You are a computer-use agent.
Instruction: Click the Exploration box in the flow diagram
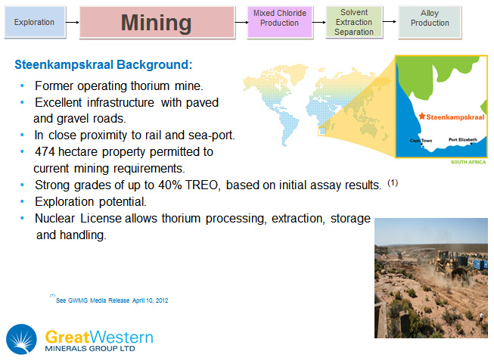[x=35, y=22]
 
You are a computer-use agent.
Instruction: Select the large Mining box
[x=157, y=23]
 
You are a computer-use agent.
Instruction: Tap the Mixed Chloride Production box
[x=280, y=22]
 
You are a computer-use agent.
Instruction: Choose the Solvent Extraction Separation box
[x=354, y=22]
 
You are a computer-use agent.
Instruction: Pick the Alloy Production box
[x=430, y=22]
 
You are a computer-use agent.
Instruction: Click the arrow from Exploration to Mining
[x=72, y=23]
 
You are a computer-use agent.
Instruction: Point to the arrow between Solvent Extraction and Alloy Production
[x=390, y=22]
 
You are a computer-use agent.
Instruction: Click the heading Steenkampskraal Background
[x=104, y=64]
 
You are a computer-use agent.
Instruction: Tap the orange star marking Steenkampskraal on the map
[x=422, y=117]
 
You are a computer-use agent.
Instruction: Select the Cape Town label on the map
[x=421, y=141]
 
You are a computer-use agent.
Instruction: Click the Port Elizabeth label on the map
[x=463, y=139]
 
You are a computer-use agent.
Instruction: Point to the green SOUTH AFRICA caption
[x=468, y=162]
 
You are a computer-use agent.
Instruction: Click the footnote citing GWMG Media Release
[x=112, y=300]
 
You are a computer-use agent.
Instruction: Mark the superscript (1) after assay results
[x=393, y=182]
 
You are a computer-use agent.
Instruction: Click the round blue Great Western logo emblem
[x=21, y=339]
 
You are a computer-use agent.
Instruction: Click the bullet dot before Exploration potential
[x=22, y=201]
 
